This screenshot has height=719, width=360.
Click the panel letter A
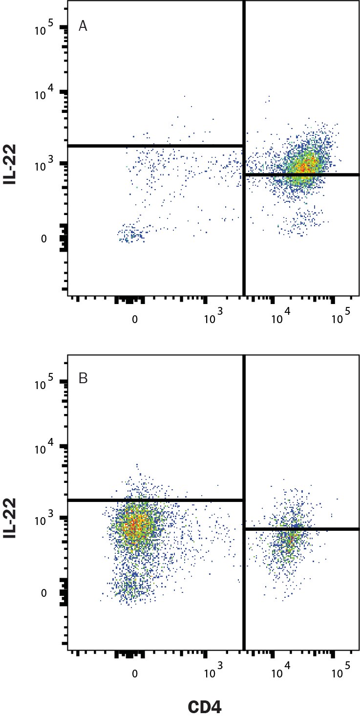83,26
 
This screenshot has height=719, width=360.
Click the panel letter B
83,378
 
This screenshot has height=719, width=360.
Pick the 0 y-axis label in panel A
44,239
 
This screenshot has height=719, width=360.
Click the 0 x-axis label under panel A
134,320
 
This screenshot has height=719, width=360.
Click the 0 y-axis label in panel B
44,592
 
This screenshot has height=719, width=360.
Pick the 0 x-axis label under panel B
134,674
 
